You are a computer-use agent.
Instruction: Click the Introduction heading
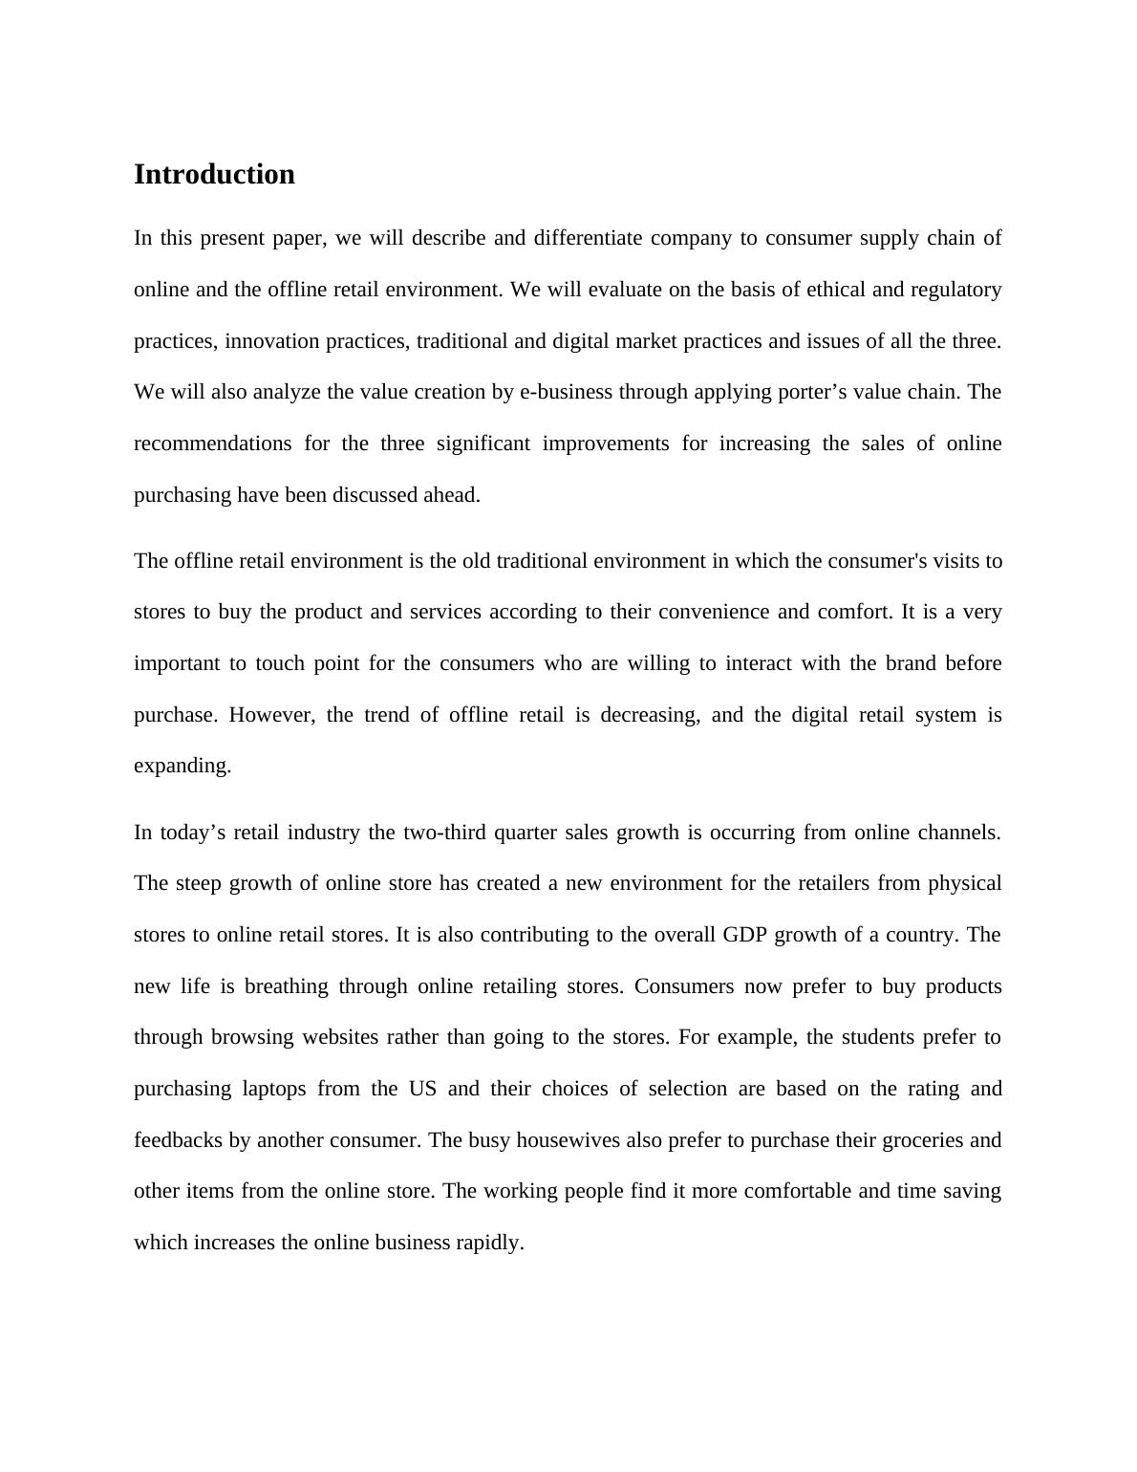click(x=214, y=175)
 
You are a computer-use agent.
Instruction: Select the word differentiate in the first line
click(x=588, y=238)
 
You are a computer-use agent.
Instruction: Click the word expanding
click(x=182, y=767)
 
